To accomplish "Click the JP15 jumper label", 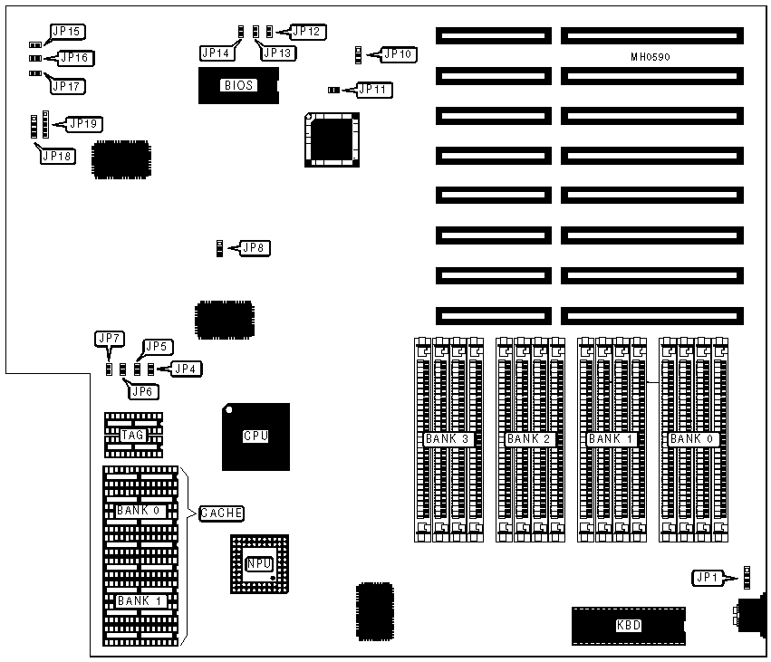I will pyautogui.click(x=67, y=33).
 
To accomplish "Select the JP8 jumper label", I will pyautogui.click(x=253, y=246).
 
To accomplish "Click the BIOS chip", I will pyautogui.click(x=239, y=86).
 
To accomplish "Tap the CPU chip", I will pyautogui.click(x=255, y=436).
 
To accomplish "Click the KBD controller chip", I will pyautogui.click(x=627, y=626).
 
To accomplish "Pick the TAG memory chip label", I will pyautogui.click(x=133, y=436).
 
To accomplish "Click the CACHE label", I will pyautogui.click(x=221, y=513).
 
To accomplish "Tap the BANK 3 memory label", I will pyautogui.click(x=446, y=439).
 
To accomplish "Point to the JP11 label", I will pyautogui.click(x=373, y=89).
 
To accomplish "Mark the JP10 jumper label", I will pyautogui.click(x=399, y=54).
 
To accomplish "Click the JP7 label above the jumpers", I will pyautogui.click(x=108, y=339).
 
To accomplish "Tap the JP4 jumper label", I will pyautogui.click(x=187, y=369).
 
